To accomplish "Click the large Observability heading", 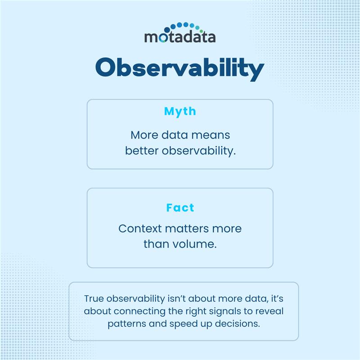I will click(x=180, y=69).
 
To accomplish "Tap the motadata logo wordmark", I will click(x=180, y=36).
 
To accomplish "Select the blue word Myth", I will click(x=180, y=111).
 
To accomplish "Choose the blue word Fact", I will click(x=180, y=208).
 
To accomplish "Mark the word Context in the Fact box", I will click(x=140, y=229).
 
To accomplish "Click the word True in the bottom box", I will click(x=93, y=298).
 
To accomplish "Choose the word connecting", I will click(x=138, y=311).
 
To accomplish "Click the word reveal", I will click(x=269, y=311).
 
